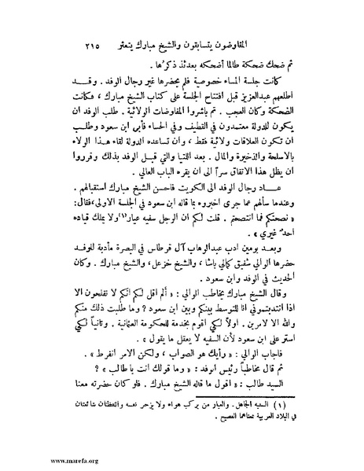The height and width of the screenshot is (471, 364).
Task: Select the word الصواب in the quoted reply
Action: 200,370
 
